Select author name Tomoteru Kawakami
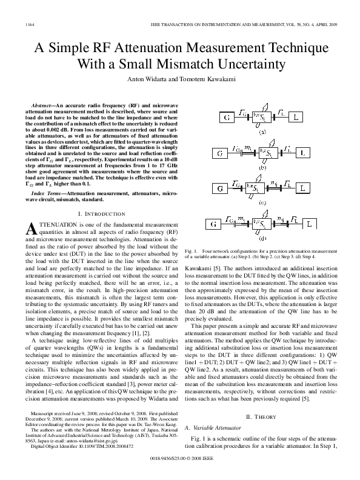(x=209, y=79)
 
